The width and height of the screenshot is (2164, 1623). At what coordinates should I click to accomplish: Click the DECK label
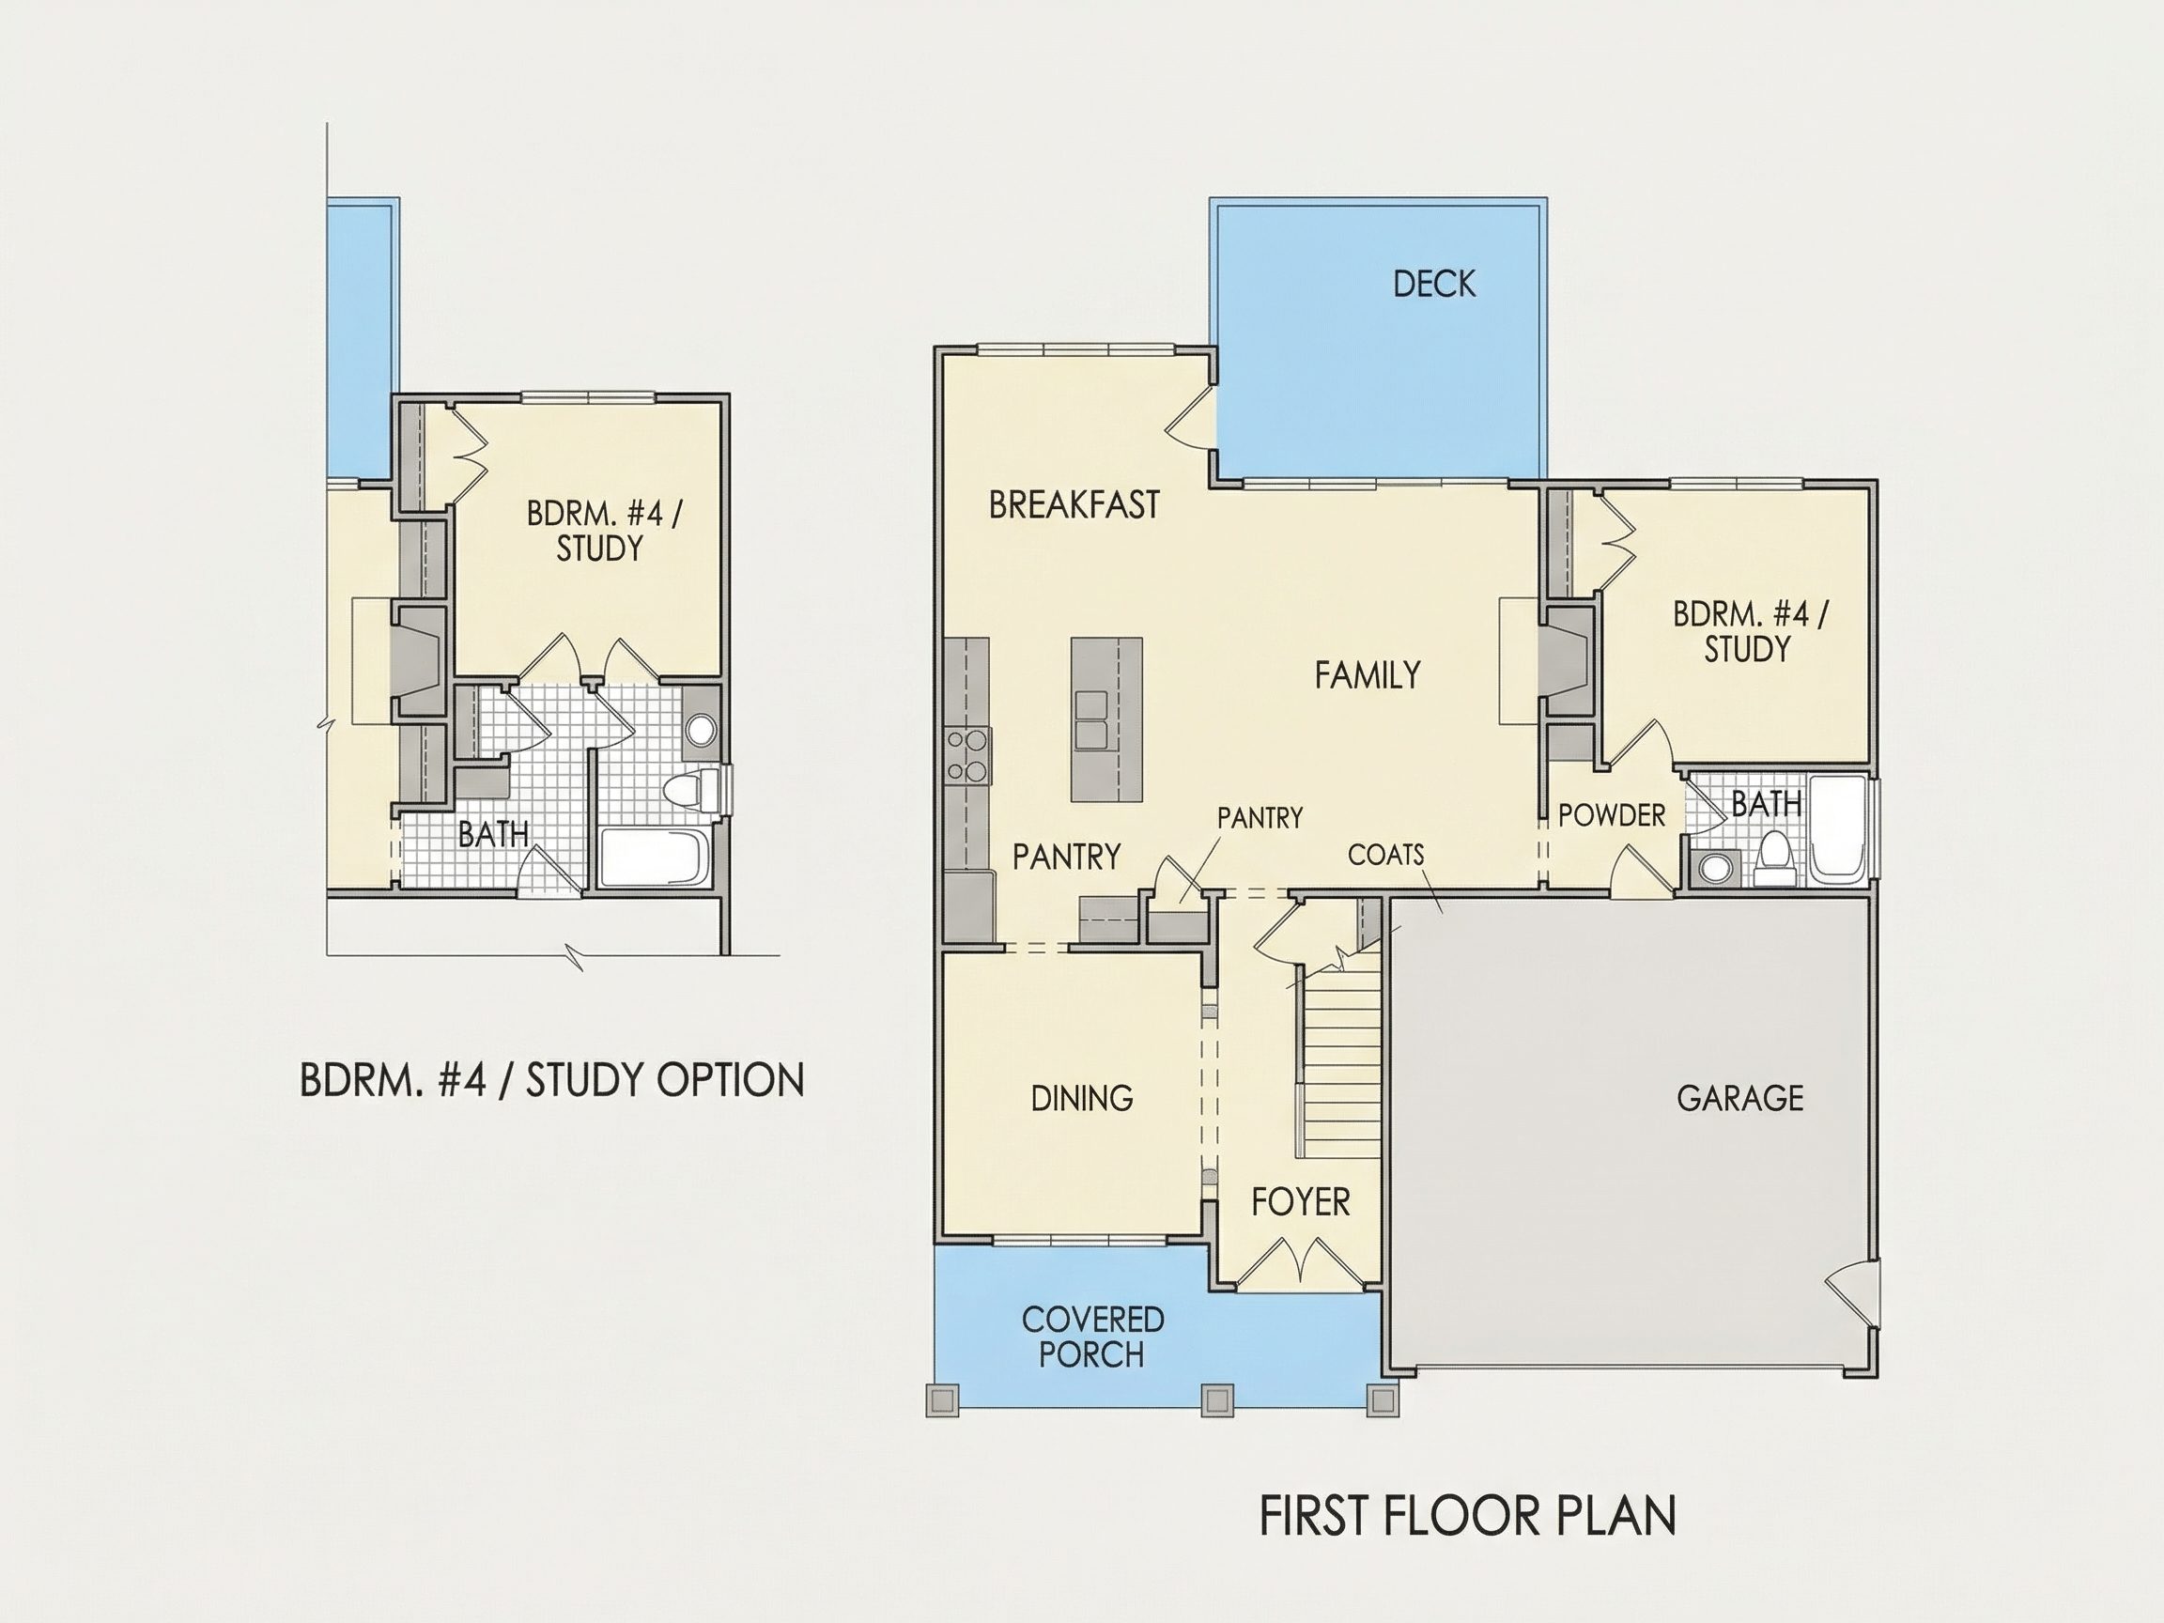pyautogui.click(x=1434, y=284)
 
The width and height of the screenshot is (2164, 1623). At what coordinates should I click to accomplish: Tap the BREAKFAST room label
pyautogui.click(x=1074, y=504)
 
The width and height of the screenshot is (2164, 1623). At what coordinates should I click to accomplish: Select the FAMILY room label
pyautogui.click(x=1367, y=675)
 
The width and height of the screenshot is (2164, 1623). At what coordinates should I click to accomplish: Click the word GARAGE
pyautogui.click(x=1739, y=1099)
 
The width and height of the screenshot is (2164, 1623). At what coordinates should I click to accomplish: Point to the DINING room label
pyautogui.click(x=1082, y=1099)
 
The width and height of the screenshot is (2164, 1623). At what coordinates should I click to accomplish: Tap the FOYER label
pyautogui.click(x=1300, y=1201)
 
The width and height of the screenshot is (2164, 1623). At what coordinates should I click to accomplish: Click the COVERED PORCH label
pyautogui.click(x=1092, y=1337)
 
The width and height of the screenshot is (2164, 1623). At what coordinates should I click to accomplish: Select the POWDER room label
pyautogui.click(x=1612, y=816)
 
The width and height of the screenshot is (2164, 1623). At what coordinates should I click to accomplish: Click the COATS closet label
pyautogui.click(x=1385, y=855)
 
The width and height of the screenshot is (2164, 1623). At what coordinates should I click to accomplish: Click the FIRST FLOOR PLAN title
pyautogui.click(x=1467, y=1515)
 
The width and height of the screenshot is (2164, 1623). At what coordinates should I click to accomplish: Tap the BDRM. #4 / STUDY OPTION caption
pyautogui.click(x=551, y=1080)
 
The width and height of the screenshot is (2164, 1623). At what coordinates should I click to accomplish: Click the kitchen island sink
pyautogui.click(x=1090, y=720)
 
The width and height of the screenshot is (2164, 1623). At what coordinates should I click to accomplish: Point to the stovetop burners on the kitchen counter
pyautogui.click(x=966, y=755)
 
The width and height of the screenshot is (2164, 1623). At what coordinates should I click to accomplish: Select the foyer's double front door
pyautogui.click(x=1301, y=1263)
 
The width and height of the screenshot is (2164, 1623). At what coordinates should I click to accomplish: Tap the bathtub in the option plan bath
pyautogui.click(x=654, y=858)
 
